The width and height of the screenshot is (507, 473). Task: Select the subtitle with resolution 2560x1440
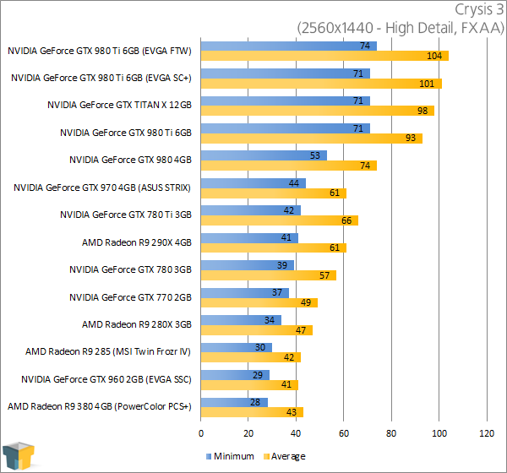tap(400, 28)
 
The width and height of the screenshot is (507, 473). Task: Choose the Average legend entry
tap(284, 456)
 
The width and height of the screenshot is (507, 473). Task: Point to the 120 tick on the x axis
tap(486, 433)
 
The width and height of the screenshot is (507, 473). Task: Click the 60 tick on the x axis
tap(344, 433)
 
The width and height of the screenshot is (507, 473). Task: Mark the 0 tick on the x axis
tap(201, 433)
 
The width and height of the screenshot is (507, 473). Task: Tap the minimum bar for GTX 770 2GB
tap(245, 292)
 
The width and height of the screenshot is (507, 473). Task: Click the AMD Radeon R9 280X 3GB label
tap(137, 324)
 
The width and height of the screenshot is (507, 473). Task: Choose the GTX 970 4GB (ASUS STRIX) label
tap(102, 188)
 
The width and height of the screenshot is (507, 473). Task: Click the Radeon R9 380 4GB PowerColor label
tap(100, 406)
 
